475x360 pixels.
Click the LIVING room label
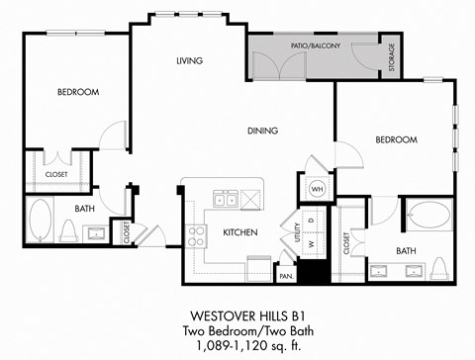(x=189, y=61)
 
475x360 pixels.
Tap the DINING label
(x=262, y=131)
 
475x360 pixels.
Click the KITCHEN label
(x=240, y=232)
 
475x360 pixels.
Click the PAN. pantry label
(x=285, y=277)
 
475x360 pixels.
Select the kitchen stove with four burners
(x=196, y=235)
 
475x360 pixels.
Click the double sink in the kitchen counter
(x=225, y=199)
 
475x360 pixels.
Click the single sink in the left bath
(x=98, y=234)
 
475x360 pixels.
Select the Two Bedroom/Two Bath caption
(x=237, y=328)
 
